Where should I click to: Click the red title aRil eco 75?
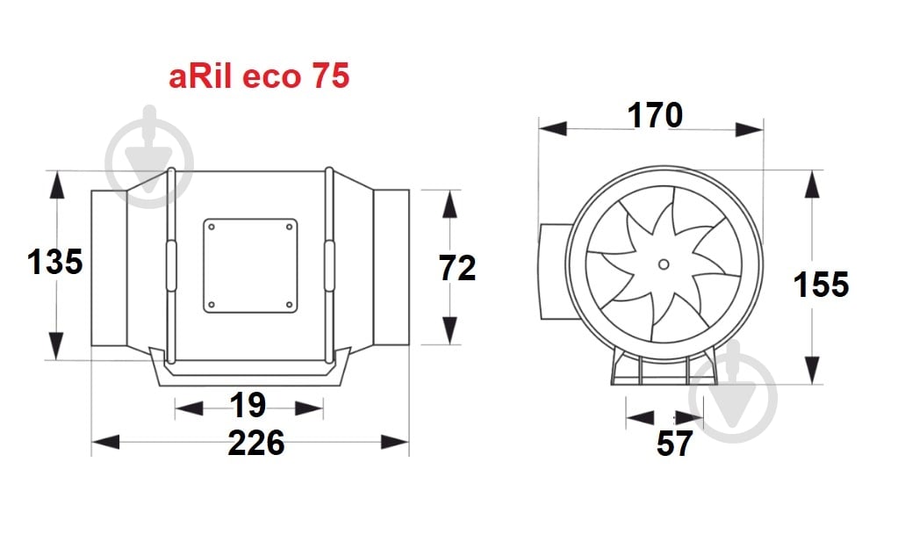tap(259, 76)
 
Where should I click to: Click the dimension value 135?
tap(54, 262)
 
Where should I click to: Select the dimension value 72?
tap(457, 268)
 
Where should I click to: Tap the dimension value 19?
tap(248, 405)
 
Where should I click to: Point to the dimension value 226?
tap(256, 443)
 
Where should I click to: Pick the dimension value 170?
tap(654, 115)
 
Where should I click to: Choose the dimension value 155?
tap(821, 285)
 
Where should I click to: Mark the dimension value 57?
tap(674, 444)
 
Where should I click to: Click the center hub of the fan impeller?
tap(664, 264)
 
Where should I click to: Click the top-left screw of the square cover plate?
tap(212, 227)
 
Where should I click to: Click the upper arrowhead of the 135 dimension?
tap(57, 186)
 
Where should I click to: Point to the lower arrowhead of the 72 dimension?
tap(450, 329)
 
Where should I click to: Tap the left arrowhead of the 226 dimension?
tap(105, 442)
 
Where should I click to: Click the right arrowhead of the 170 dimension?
tap(749, 129)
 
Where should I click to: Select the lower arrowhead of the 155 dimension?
tap(814, 369)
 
